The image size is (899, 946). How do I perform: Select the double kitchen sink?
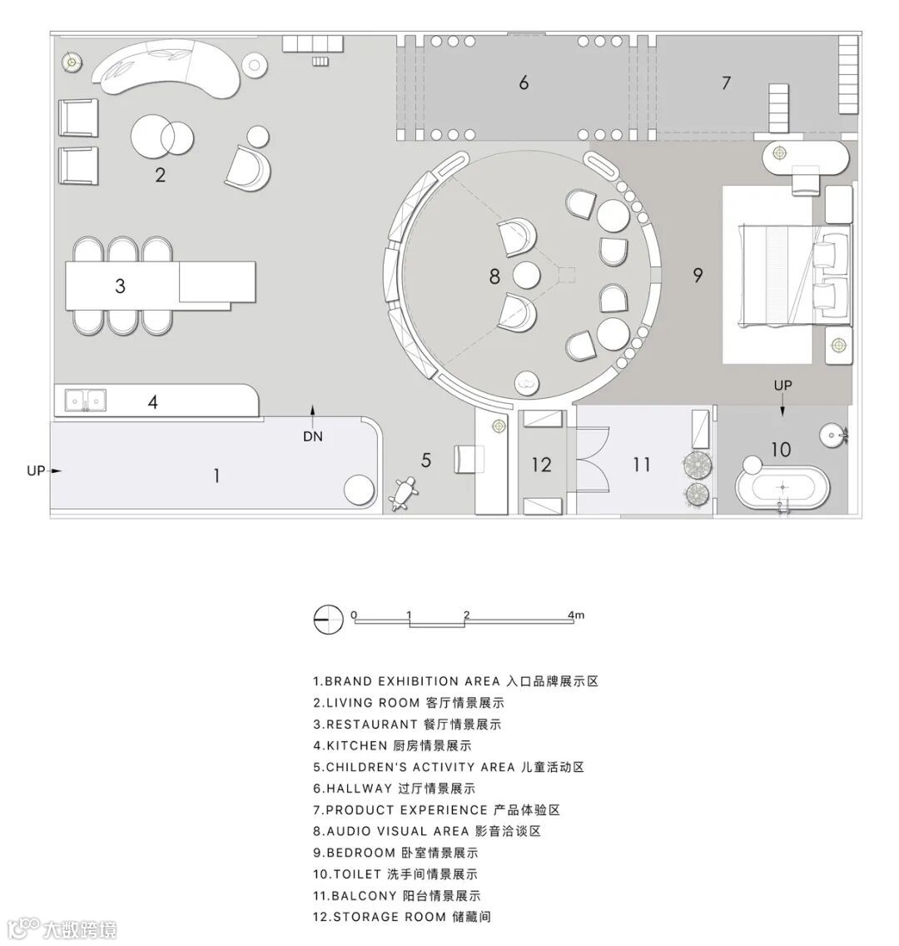(86, 401)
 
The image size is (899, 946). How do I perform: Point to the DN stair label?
(313, 436)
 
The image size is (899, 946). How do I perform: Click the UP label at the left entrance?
(36, 471)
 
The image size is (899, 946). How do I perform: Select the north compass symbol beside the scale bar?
(328, 618)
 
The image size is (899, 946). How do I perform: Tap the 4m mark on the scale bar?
(575, 615)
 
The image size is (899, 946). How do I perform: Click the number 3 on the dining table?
(121, 286)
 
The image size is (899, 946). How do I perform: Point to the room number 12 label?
(542, 464)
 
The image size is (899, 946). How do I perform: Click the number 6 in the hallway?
(524, 82)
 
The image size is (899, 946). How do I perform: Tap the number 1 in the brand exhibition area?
(216, 475)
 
